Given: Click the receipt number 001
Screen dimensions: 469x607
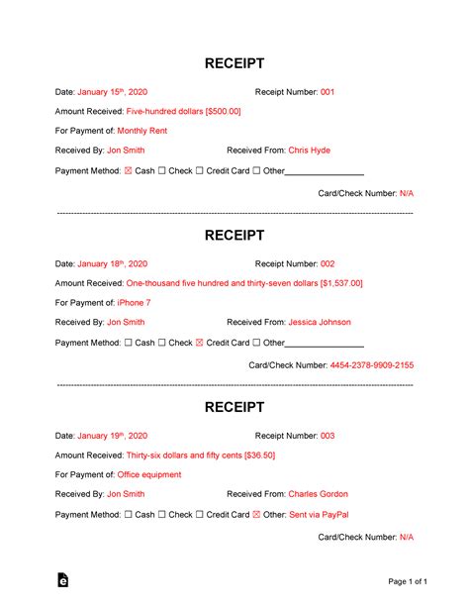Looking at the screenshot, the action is pos(328,92).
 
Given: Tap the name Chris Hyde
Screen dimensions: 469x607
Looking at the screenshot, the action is pos(309,151).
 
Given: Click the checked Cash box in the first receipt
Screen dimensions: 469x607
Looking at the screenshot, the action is pos(127,170).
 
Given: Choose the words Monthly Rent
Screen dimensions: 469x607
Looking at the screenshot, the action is pos(143,131).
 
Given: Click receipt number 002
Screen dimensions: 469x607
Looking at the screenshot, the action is pos(328,264).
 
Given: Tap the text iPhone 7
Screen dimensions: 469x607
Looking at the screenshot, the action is pos(134,303).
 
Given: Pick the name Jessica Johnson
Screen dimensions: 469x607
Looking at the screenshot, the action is pos(319,322).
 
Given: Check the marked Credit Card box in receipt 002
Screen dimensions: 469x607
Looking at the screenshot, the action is pos(199,343).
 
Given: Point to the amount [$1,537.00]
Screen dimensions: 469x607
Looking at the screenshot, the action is pos(341,283).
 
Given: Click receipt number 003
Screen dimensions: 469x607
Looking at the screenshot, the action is pos(328,436).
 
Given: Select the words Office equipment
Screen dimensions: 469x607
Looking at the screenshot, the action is pos(149,474).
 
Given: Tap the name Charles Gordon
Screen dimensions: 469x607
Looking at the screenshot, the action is pos(317,494).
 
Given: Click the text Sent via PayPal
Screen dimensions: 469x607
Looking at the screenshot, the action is pos(320,514).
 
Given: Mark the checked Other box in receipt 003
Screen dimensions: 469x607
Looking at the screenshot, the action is pos(256,515).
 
